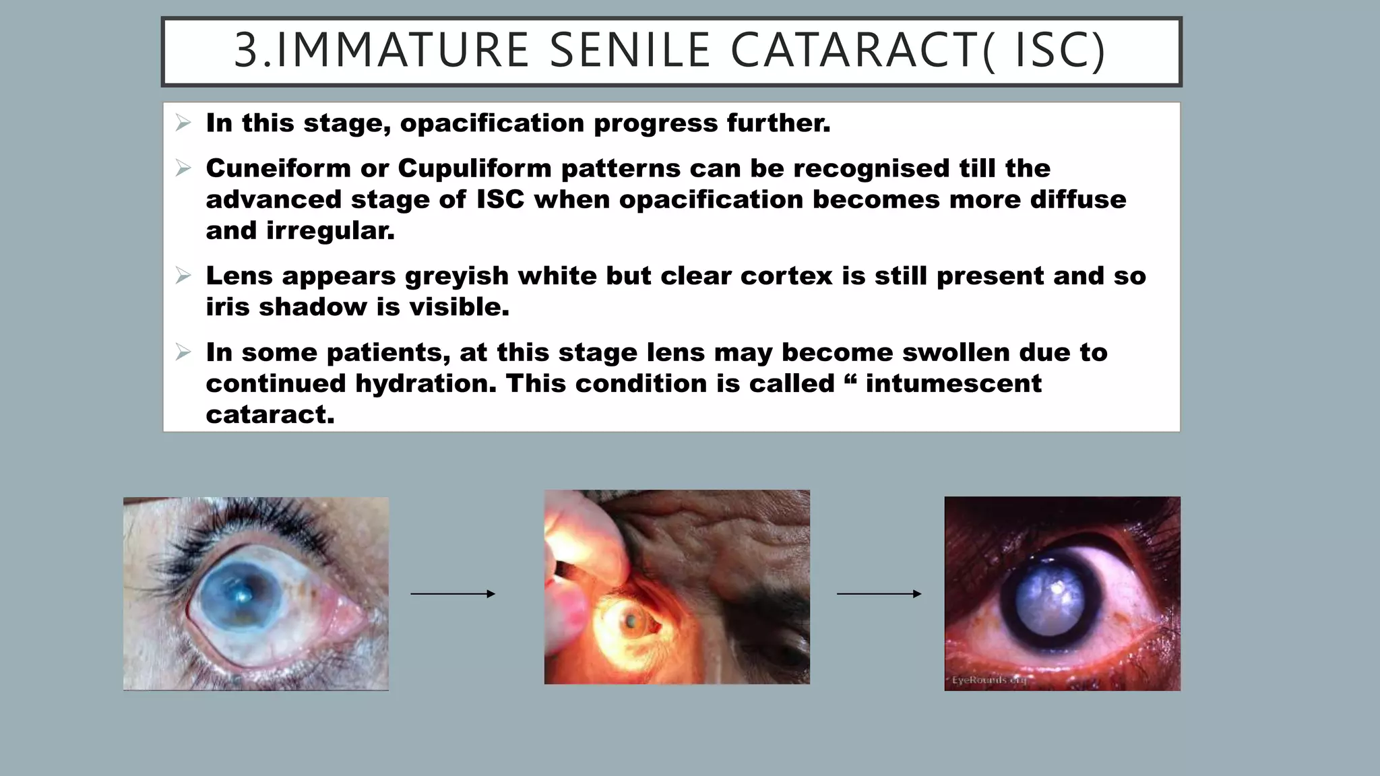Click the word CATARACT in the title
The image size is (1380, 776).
pyautogui.click(x=854, y=51)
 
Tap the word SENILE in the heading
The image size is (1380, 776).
pyautogui.click(x=630, y=51)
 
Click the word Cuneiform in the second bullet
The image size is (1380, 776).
pyautogui.click(x=278, y=168)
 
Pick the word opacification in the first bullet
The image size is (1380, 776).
pyautogui.click(x=492, y=123)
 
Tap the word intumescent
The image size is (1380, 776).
pyautogui.click(x=953, y=384)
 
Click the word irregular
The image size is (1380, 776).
pyautogui.click(x=330, y=231)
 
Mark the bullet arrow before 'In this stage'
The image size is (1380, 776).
pyautogui.click(x=183, y=123)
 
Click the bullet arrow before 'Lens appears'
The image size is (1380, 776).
pyautogui.click(x=183, y=276)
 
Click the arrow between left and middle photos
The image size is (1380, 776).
pyautogui.click(x=453, y=593)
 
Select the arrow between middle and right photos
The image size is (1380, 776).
pyautogui.click(x=879, y=593)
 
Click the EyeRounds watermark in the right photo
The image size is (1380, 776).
pyautogui.click(x=989, y=680)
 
